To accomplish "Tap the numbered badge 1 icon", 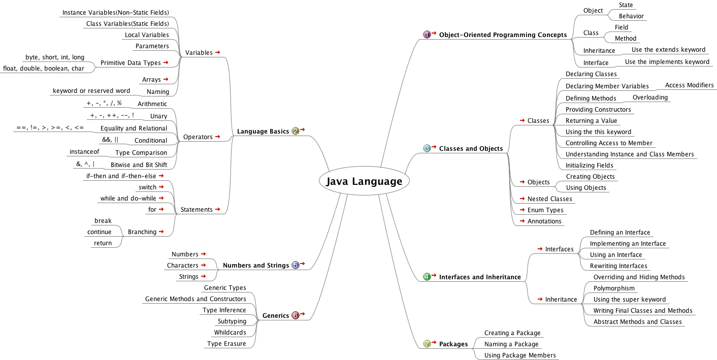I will pyautogui.click(x=427, y=35).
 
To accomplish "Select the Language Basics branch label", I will pyautogui.click(x=263, y=132).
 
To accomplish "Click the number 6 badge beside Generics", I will pyautogui.click(x=296, y=316).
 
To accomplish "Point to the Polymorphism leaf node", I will pyautogui.click(x=614, y=288).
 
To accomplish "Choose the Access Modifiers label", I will pyautogui.click(x=689, y=85).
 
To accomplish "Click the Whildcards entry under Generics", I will pyautogui.click(x=230, y=333).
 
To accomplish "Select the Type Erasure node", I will pyautogui.click(x=226, y=344).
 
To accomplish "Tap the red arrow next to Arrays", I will pyautogui.click(x=166, y=79).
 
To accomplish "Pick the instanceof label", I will pyautogui.click(x=84, y=152).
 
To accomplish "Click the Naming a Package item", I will pyautogui.click(x=511, y=344).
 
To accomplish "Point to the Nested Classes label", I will pyautogui.click(x=549, y=199).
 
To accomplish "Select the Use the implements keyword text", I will pyautogui.click(x=667, y=62).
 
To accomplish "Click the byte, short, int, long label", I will pyautogui.click(x=55, y=57).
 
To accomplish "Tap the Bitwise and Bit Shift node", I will pyautogui.click(x=139, y=165).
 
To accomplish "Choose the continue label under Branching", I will pyautogui.click(x=100, y=232).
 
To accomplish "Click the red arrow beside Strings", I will pyautogui.click(x=204, y=276).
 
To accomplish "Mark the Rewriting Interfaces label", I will pyautogui.click(x=618, y=266).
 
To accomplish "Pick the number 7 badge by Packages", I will pyautogui.click(x=427, y=344).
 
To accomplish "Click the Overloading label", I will pyautogui.click(x=650, y=97).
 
